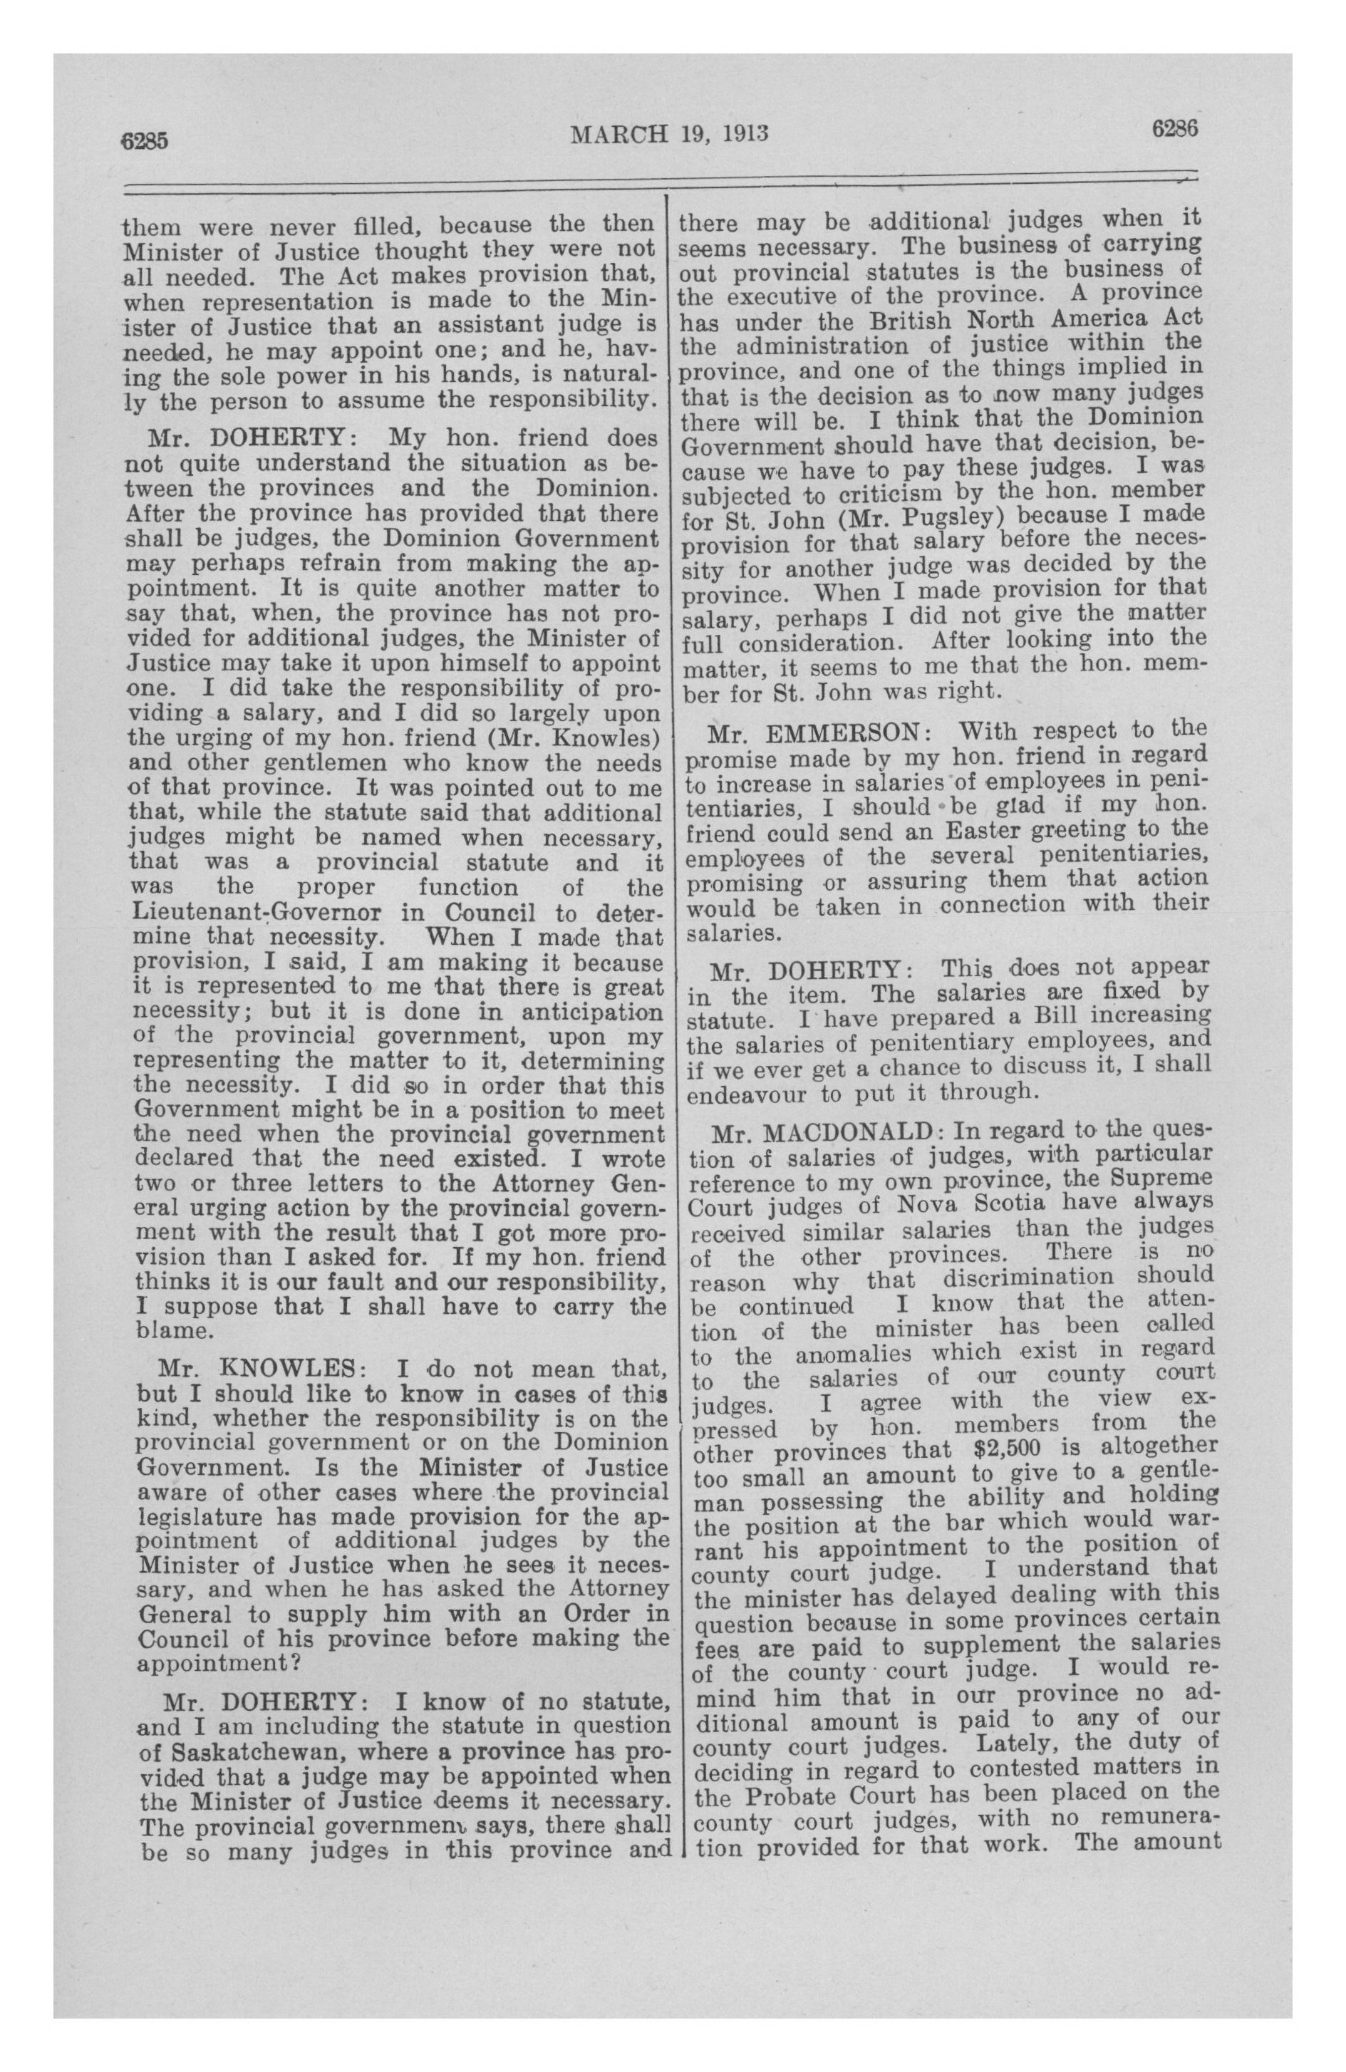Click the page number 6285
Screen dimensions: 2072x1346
pos(149,142)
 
